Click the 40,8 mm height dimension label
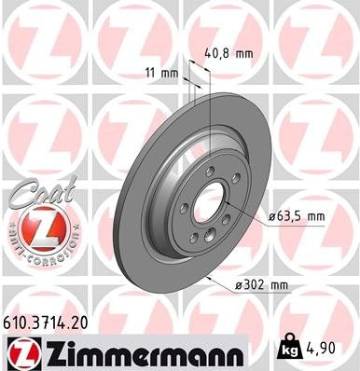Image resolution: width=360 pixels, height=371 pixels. click(x=228, y=53)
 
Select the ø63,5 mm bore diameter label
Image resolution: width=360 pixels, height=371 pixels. click(x=297, y=216)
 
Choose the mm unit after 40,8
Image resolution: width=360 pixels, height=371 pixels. click(x=243, y=53)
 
